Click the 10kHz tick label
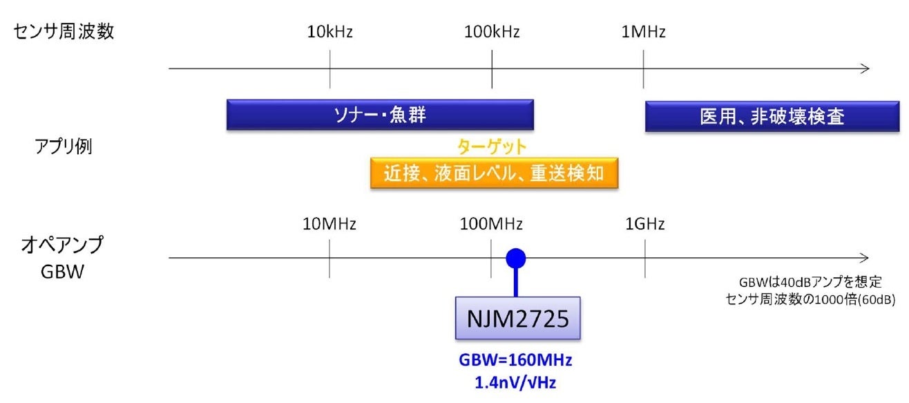point(330,32)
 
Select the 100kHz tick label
point(492,32)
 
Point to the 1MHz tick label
point(643,32)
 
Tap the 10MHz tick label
point(329,223)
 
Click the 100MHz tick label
point(491,223)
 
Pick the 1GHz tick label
point(645,223)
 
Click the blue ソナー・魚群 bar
point(380,115)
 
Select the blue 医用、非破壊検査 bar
point(772,116)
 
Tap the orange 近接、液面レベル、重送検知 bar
point(493,173)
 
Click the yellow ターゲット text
point(492,147)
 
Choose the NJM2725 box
point(517,318)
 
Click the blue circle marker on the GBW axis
point(516,258)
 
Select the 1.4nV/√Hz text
point(516,382)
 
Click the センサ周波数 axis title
point(64,32)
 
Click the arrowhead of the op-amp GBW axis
point(865,258)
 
